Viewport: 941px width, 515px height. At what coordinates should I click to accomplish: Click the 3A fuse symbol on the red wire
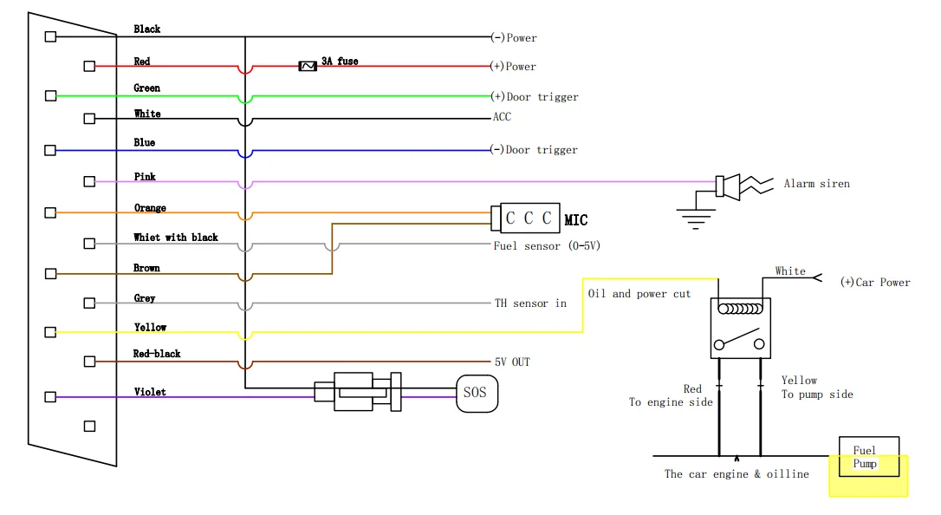click(308, 66)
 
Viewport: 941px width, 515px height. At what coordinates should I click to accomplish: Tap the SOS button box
click(477, 394)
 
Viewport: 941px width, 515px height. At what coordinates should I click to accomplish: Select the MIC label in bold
click(576, 220)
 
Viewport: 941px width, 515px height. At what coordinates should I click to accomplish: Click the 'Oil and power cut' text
click(639, 294)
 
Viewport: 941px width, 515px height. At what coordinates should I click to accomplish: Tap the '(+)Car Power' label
click(875, 283)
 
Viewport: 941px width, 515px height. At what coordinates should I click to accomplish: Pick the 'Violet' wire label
click(150, 392)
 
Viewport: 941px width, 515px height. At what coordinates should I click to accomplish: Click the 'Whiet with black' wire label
click(176, 238)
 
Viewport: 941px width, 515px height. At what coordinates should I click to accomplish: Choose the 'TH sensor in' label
click(530, 303)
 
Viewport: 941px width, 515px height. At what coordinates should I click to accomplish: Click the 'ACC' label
click(502, 117)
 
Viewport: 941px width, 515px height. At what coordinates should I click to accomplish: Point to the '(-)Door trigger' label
click(534, 150)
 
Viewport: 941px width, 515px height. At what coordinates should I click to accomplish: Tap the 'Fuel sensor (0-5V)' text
click(547, 246)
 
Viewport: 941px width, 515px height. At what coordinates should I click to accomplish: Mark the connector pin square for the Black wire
click(50, 36)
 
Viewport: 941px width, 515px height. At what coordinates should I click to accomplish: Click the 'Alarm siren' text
click(816, 184)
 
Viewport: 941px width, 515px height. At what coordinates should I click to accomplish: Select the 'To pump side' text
click(817, 394)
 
